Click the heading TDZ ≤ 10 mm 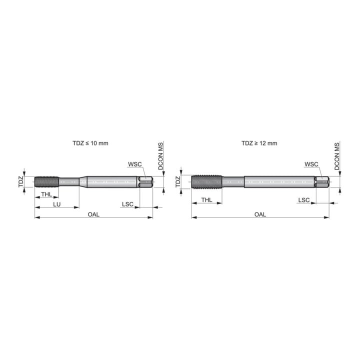(x=90, y=143)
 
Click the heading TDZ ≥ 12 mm (x=259, y=143)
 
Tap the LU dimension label (x=56, y=204)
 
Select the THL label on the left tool (x=46, y=194)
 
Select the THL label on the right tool (x=206, y=200)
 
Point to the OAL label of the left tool (x=93, y=214)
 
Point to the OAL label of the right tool (x=260, y=214)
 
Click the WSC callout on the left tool (x=135, y=164)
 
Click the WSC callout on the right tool (x=311, y=164)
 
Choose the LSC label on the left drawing (x=127, y=204)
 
